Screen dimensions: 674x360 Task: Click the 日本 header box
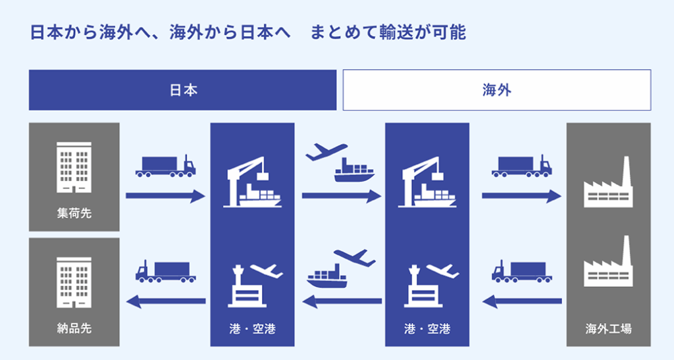(183, 90)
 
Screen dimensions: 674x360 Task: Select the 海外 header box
(497, 90)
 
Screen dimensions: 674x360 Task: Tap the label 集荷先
(74, 213)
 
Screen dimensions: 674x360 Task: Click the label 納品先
(74, 328)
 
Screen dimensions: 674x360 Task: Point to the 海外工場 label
(608, 328)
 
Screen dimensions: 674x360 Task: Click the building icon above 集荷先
(74, 167)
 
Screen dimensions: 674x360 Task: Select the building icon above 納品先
(74, 283)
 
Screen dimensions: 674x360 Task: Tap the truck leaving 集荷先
(165, 166)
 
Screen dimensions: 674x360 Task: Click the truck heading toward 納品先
(165, 271)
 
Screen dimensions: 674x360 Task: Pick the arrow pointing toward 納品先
(166, 301)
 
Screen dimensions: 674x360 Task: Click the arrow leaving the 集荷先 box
(165, 196)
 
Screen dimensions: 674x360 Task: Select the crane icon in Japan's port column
(252, 182)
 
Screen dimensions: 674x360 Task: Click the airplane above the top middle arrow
(326, 152)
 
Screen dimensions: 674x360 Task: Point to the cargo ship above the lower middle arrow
(326, 276)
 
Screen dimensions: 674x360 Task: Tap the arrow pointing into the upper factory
(521, 196)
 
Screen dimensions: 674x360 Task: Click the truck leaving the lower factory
(522, 271)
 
